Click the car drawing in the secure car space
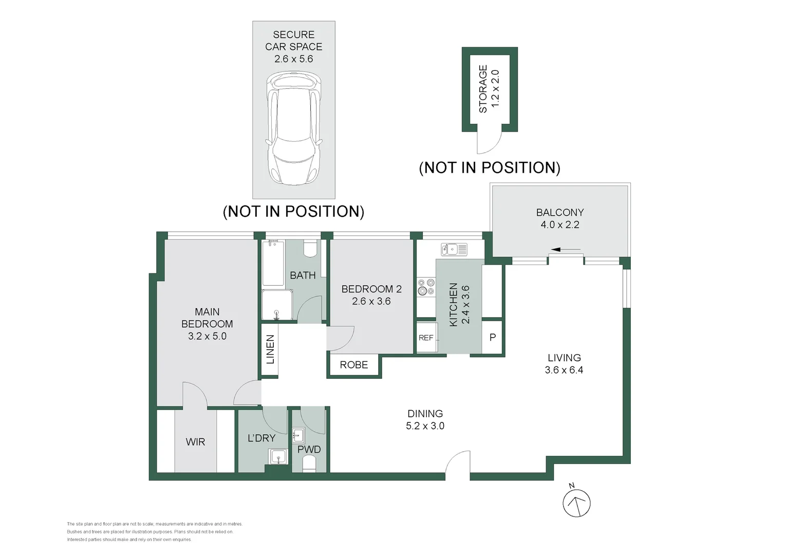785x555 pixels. (294, 128)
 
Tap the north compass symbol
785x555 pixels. (576, 502)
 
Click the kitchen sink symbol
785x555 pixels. (454, 249)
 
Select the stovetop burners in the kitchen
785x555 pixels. (426, 287)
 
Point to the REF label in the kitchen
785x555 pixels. (426, 338)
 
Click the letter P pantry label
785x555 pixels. (493, 337)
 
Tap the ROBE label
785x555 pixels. (354, 365)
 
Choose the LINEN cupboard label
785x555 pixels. (270, 349)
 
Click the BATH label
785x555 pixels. (303, 275)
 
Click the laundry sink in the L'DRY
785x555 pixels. (278, 457)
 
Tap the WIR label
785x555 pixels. (195, 442)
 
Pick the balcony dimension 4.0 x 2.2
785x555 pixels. (560, 225)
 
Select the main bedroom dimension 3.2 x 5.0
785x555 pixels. (207, 336)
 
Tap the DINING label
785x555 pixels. (425, 414)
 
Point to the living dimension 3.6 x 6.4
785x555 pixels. (564, 370)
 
